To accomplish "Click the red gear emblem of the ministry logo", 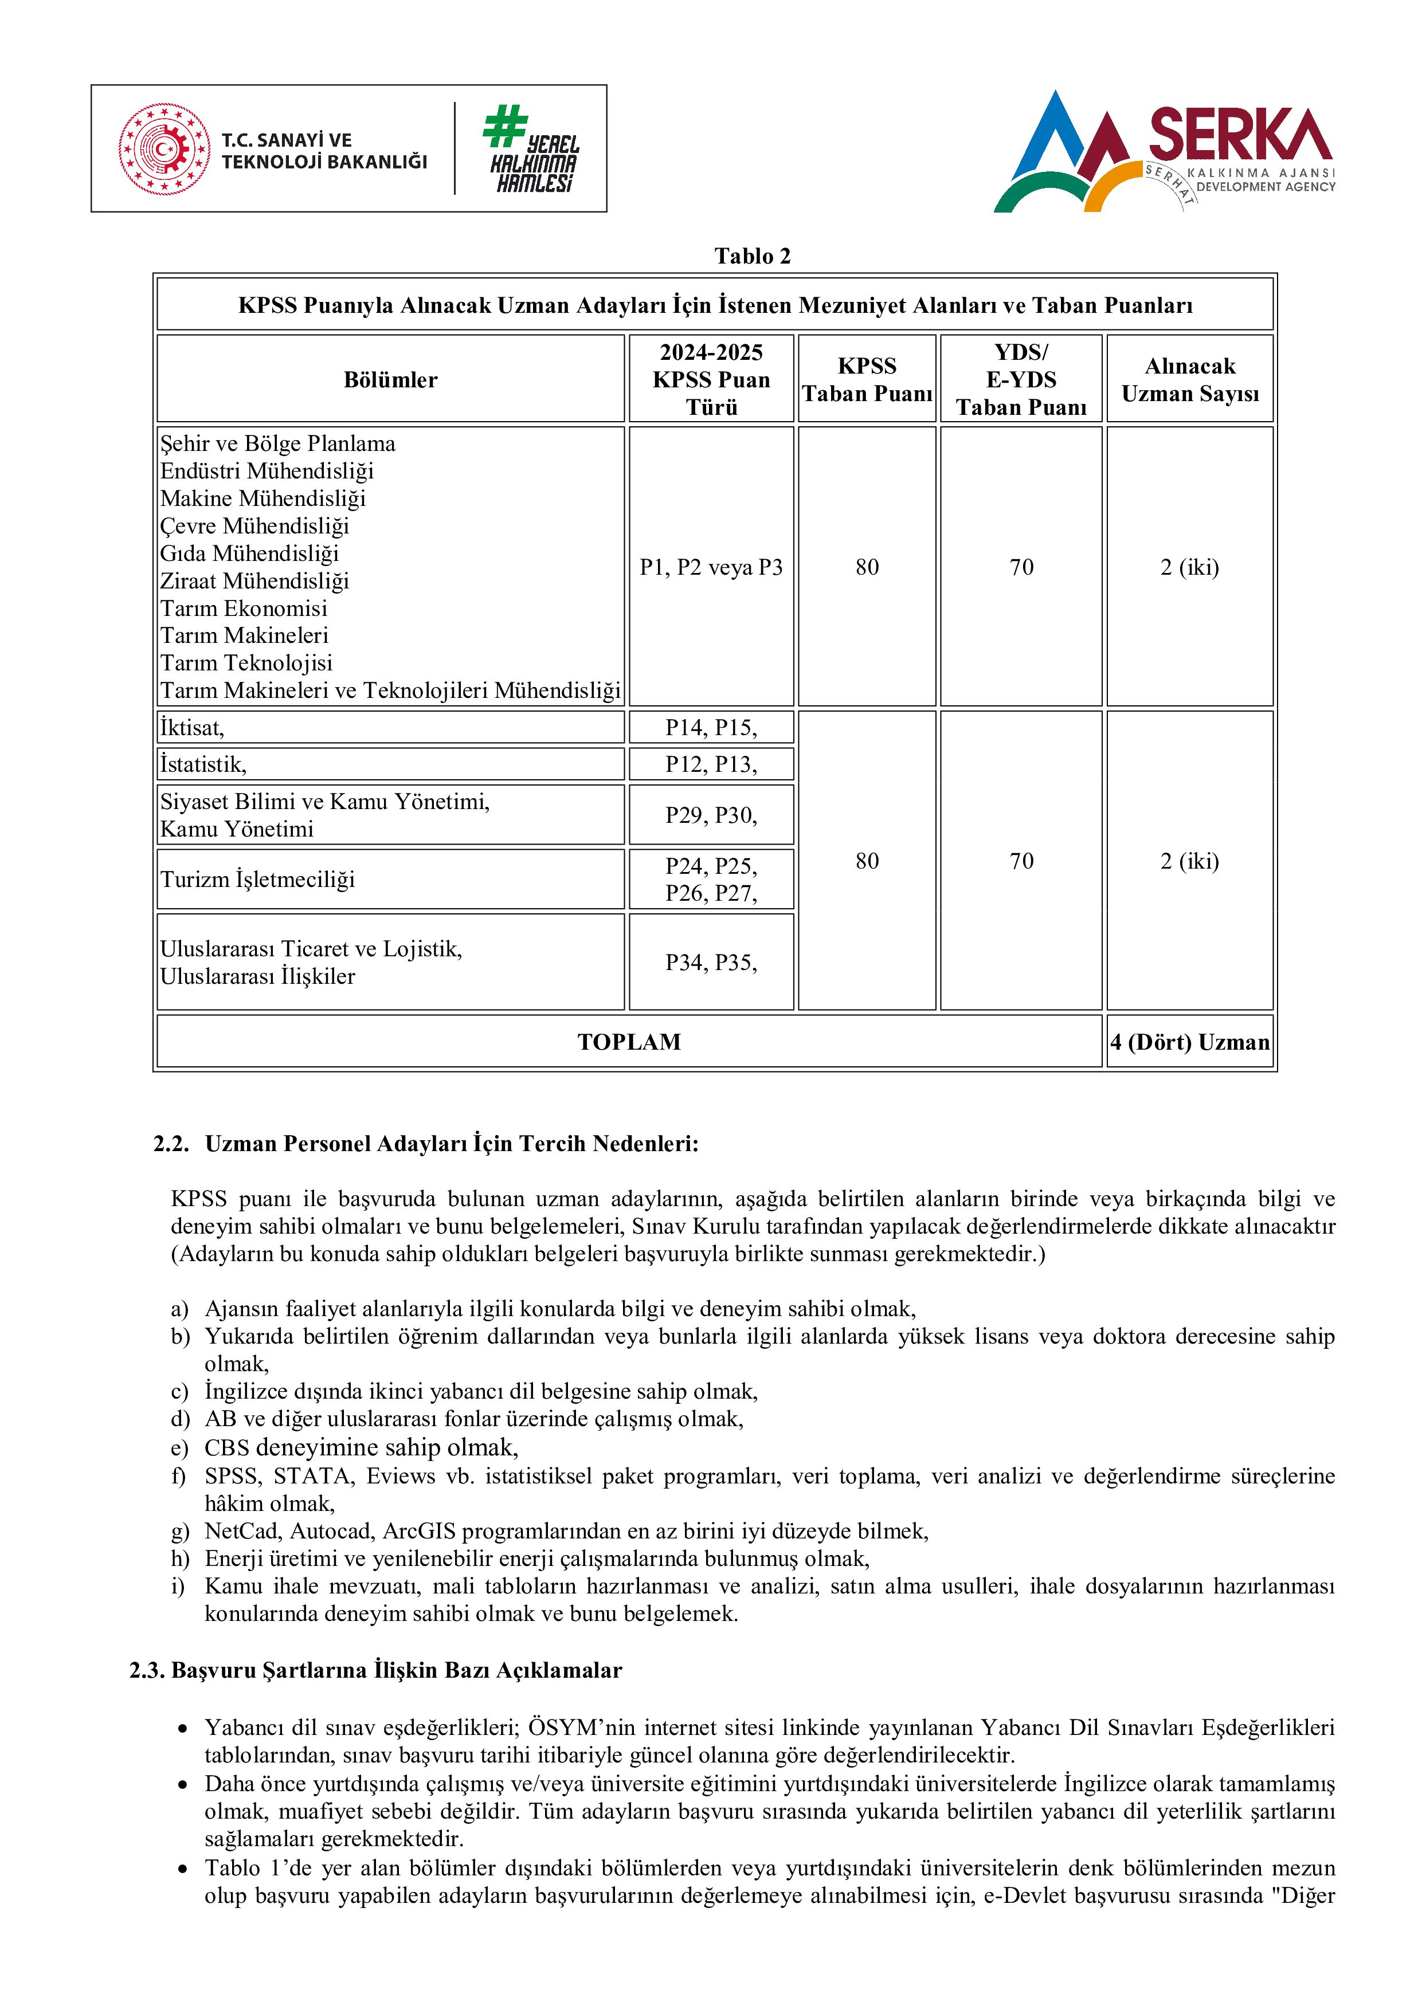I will click(x=164, y=149).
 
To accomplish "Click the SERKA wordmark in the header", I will click(x=1239, y=134).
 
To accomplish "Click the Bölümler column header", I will click(x=390, y=379).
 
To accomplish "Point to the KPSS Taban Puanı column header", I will click(x=867, y=379).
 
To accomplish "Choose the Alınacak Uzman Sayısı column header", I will click(x=1189, y=379).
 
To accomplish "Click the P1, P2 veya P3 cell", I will click(x=711, y=567).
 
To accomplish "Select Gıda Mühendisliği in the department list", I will click(x=249, y=553).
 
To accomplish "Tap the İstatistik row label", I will click(x=203, y=764).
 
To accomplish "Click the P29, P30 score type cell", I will click(x=711, y=815).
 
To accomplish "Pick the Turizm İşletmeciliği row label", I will click(x=257, y=879).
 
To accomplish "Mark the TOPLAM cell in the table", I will click(x=629, y=1042).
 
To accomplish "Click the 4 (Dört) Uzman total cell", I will click(x=1189, y=1042).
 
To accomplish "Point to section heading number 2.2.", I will click(x=171, y=1144).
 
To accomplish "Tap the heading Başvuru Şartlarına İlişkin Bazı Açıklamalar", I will click(x=396, y=1670).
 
